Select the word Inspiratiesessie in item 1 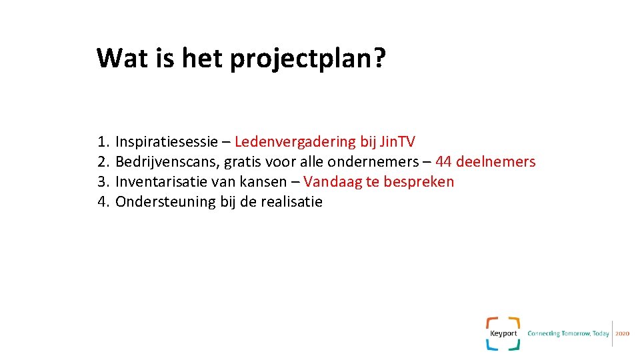coord(167,142)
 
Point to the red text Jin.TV coord(397,142)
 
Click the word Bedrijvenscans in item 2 coord(167,162)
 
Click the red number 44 coord(443,162)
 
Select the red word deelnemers coord(495,162)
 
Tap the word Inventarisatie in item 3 coord(161,182)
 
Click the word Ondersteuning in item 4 coord(166,202)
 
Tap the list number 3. coord(102,182)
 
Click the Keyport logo coord(503,333)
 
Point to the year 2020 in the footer coord(622,333)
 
